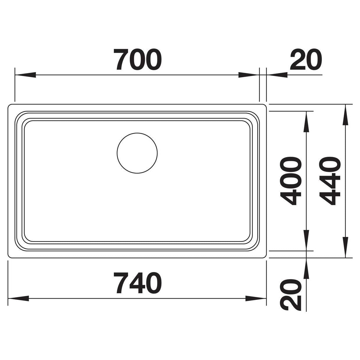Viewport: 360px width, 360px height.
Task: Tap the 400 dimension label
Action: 291,181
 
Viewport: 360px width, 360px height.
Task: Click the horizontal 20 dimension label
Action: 306,60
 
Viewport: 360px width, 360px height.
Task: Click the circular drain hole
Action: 137,153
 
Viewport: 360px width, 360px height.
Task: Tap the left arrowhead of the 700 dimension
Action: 25,75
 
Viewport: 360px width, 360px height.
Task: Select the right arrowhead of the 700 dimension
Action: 249,75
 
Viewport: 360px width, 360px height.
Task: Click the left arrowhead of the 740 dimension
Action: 18,298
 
